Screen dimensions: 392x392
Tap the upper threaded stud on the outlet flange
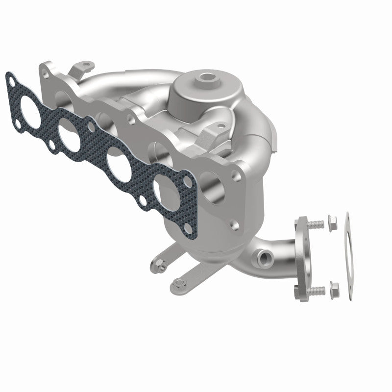[317, 224]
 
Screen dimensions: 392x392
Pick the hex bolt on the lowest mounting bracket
[177, 283]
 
